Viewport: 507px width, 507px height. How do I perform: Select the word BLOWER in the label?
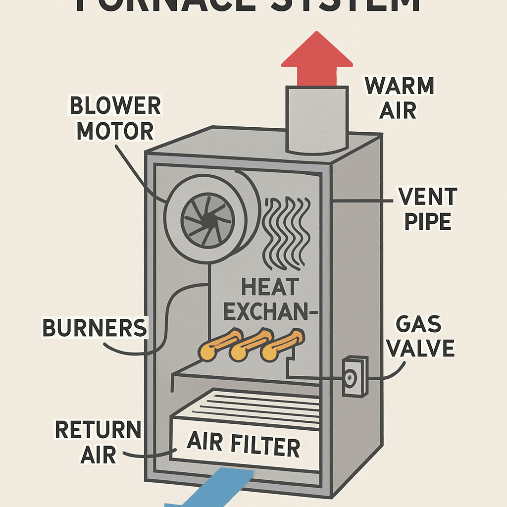tap(115, 106)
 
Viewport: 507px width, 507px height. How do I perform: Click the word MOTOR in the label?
tap(115, 131)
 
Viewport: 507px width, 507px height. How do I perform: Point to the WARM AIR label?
tap(399, 98)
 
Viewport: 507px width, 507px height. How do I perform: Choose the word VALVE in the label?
tap(420, 348)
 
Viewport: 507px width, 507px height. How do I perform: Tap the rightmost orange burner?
tap(282, 344)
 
